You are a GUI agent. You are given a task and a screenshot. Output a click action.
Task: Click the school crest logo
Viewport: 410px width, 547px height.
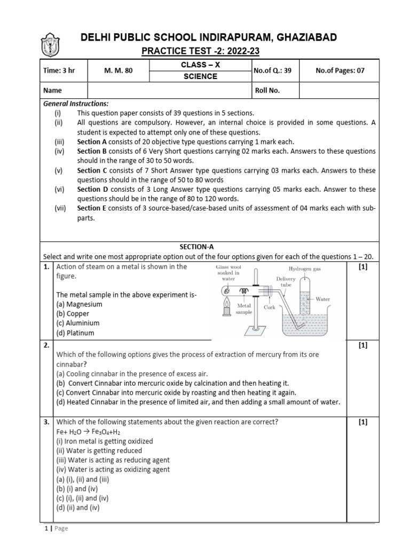(x=49, y=46)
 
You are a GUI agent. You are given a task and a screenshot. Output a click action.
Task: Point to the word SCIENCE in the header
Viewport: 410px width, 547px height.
(x=201, y=76)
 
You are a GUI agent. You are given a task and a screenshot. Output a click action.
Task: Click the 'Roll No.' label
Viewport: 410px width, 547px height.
(x=267, y=90)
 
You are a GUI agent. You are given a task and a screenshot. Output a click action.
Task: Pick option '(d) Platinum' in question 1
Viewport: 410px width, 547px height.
(x=75, y=333)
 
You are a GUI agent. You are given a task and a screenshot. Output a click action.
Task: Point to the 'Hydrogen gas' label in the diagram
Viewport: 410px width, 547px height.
(x=306, y=269)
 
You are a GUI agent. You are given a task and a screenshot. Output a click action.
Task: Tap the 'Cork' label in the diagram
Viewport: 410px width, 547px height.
(x=270, y=308)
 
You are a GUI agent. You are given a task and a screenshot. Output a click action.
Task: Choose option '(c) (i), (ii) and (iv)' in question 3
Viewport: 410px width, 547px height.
(x=82, y=498)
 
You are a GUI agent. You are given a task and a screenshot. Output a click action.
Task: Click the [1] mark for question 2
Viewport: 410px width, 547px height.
(x=363, y=346)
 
